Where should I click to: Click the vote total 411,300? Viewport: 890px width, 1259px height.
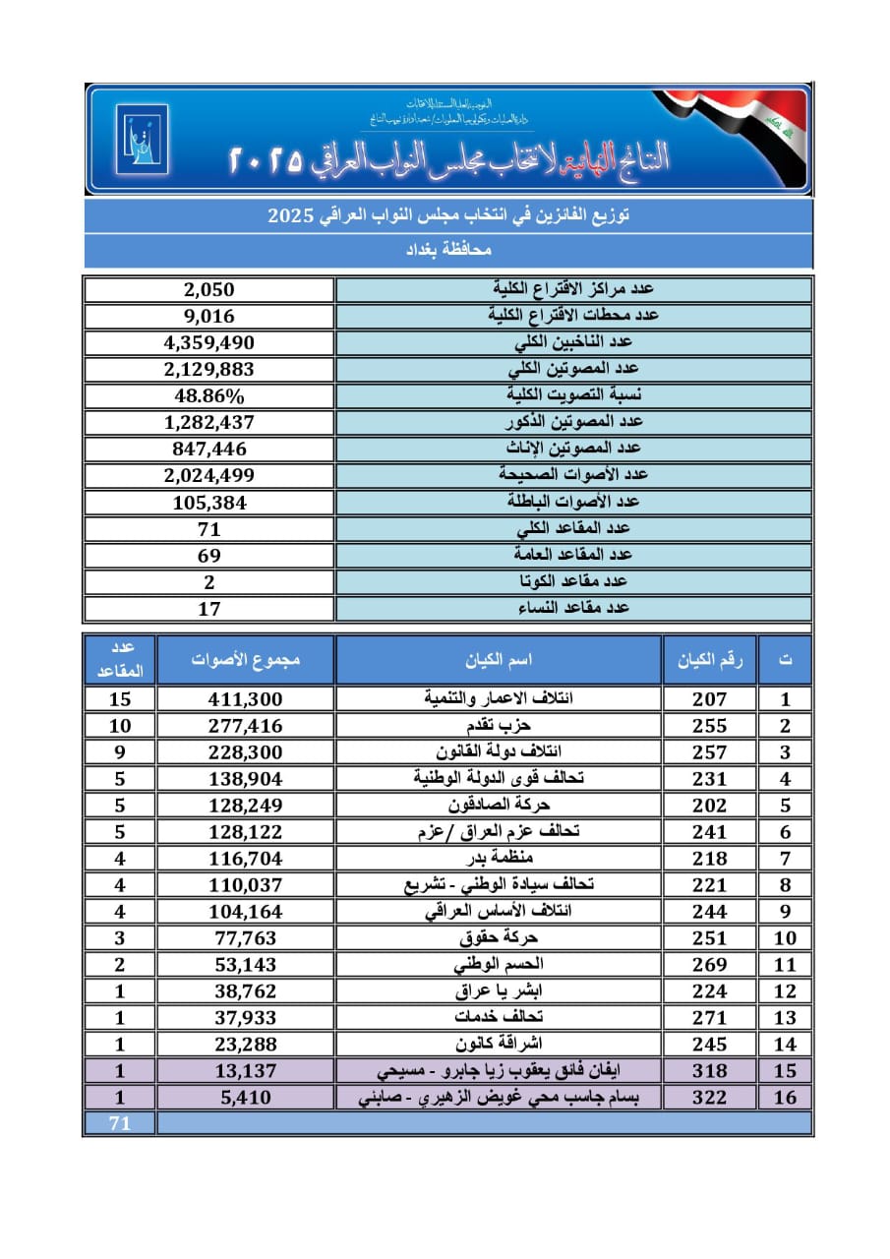(x=245, y=699)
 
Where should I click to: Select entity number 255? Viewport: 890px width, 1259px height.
(x=708, y=726)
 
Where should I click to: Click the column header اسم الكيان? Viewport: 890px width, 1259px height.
(x=499, y=660)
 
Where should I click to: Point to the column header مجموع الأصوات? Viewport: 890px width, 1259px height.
(x=245, y=660)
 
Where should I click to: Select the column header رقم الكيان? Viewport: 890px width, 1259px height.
(x=708, y=660)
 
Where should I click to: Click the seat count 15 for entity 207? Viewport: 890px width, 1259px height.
(x=120, y=699)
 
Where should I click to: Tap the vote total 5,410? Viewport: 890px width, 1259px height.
(x=245, y=1097)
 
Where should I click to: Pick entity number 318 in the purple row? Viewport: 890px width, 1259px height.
(x=708, y=1070)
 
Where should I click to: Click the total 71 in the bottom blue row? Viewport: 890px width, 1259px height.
(x=120, y=1123)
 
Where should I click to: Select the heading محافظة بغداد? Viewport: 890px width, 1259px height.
(x=448, y=251)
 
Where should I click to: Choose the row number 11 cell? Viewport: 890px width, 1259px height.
(x=785, y=965)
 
